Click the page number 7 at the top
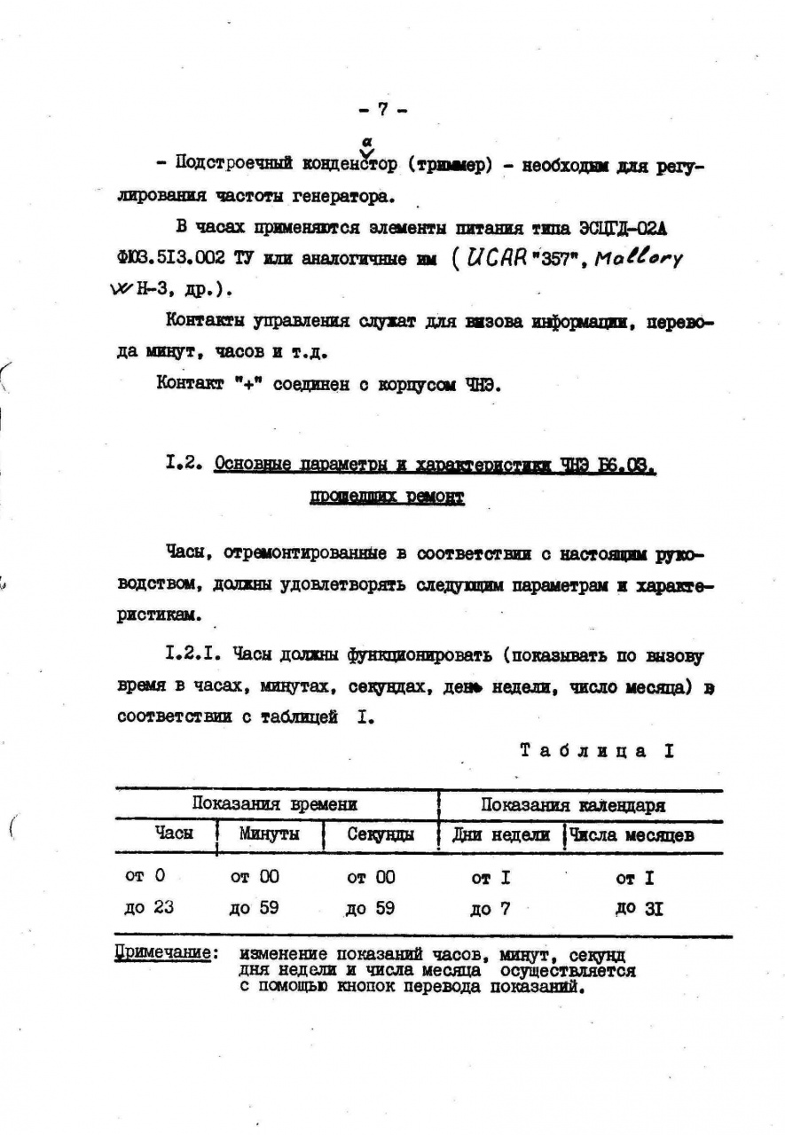pyautogui.click(x=382, y=109)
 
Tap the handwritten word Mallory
pyautogui.click(x=639, y=260)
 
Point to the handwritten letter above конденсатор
pyautogui.click(x=365, y=141)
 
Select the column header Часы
pyautogui.click(x=174, y=834)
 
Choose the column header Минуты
pyautogui.click(x=269, y=834)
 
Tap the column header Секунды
pyautogui.click(x=380, y=835)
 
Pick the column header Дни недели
pyautogui.click(x=501, y=835)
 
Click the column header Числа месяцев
pyautogui.click(x=632, y=835)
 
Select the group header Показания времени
pyautogui.click(x=275, y=805)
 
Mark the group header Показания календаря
pyautogui.click(x=574, y=805)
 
